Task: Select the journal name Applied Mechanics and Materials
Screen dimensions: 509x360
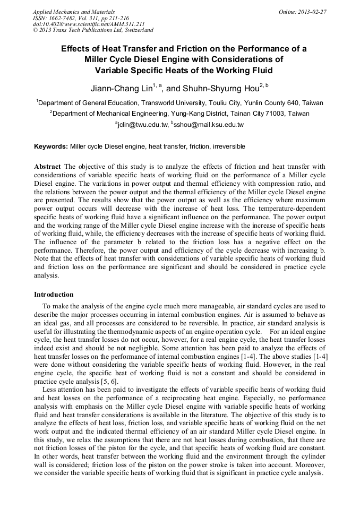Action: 74,12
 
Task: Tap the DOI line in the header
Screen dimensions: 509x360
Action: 89,24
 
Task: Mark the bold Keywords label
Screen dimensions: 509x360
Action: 51,146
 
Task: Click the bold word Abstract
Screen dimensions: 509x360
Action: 47,166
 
